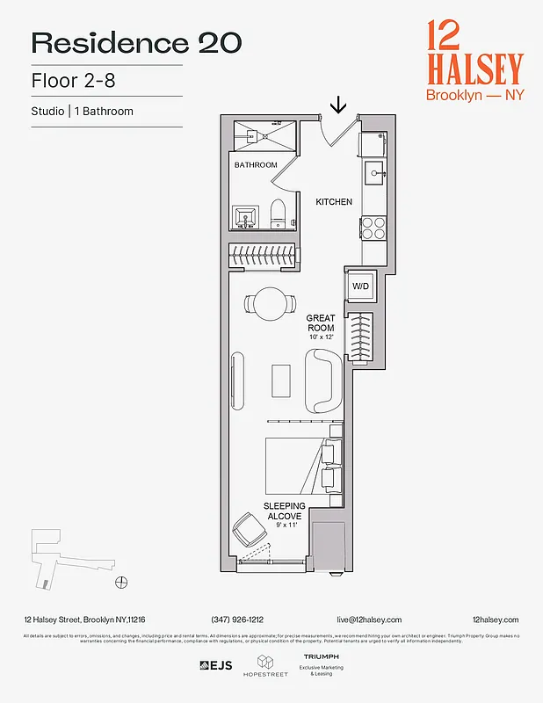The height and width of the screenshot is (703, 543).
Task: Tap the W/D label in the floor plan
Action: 360,286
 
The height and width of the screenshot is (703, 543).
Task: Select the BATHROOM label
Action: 256,165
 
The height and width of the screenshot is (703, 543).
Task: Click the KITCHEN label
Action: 334,202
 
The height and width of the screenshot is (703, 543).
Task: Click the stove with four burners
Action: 373,228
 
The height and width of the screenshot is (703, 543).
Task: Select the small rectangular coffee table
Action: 281,380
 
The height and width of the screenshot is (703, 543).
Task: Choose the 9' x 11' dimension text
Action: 285,526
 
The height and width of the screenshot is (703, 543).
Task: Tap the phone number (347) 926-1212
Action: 237,620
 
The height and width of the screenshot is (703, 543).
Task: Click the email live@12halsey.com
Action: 368,620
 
